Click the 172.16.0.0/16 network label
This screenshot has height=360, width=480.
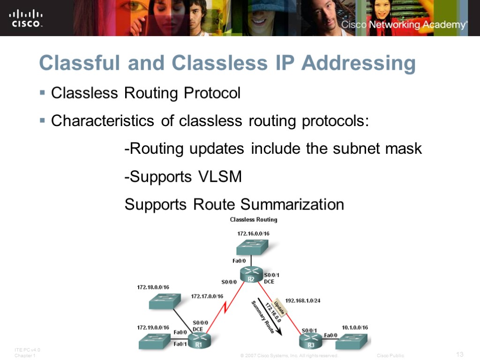coord(253,233)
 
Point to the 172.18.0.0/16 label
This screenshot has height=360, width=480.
coord(153,287)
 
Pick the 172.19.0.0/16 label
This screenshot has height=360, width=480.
coord(153,327)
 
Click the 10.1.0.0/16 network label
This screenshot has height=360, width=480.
coord(352,327)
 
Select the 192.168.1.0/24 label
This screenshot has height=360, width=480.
coord(303,300)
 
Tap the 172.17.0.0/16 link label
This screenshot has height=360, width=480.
coord(207,296)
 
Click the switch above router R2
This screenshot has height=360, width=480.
coord(252,247)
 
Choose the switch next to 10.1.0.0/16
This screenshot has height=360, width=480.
coord(353,341)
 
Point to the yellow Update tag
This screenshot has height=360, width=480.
coord(279,307)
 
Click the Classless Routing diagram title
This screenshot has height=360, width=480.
coord(253,219)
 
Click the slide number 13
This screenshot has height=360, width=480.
coord(459,354)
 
